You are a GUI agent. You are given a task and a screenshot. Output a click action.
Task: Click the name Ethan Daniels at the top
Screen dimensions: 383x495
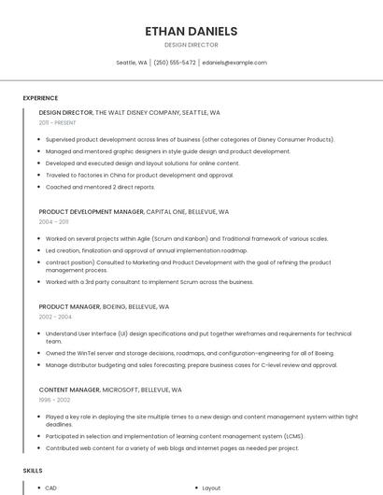191,31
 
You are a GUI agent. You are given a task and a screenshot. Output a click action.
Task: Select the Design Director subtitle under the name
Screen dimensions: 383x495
191,45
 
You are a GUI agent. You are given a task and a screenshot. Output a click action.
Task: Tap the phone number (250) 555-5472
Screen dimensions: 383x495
175,63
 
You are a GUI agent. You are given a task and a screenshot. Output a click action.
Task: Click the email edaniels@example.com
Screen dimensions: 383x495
234,63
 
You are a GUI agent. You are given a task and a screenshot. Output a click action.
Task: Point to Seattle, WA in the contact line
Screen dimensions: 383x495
131,63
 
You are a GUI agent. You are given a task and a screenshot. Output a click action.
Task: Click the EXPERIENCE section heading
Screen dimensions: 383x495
40,98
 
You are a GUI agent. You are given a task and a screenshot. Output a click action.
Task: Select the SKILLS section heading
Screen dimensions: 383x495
33,472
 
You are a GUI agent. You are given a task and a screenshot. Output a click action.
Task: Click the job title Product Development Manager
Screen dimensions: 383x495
92,212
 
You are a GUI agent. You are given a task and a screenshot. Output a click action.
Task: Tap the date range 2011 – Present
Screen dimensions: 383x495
57,122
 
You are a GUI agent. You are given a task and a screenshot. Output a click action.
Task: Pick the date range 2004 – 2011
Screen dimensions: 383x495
53,222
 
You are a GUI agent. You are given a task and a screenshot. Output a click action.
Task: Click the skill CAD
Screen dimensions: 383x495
51,488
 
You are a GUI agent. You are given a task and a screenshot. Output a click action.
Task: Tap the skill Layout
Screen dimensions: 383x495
211,488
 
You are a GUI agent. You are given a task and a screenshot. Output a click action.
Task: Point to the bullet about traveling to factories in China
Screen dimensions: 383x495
139,175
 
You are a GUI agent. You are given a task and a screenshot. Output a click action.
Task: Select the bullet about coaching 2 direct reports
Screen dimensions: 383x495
100,187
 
